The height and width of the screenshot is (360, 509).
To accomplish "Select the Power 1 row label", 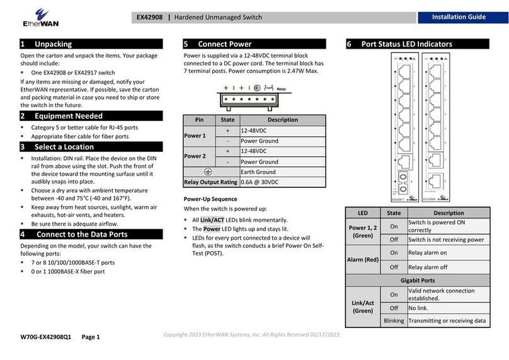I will pos(195,136).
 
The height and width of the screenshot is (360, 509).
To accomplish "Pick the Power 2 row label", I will pos(195,156).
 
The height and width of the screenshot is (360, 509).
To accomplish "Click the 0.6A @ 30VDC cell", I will pos(282,182).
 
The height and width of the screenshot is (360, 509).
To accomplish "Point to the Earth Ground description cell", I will pos(282,171).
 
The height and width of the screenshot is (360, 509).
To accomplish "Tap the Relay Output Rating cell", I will pos(210,182).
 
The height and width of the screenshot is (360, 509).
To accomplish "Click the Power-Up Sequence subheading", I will pos(210,199).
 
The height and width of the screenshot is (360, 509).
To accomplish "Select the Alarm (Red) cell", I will pos(363,259).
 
